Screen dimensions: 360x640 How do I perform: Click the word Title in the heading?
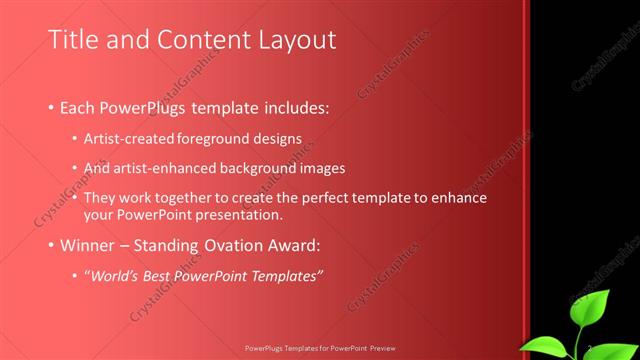(x=72, y=40)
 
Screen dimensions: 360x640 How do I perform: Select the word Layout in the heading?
(x=297, y=40)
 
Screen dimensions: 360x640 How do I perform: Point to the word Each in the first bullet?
(x=80, y=106)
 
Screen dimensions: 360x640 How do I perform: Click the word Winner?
(x=88, y=246)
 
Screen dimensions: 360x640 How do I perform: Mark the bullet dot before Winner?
(x=52, y=247)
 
